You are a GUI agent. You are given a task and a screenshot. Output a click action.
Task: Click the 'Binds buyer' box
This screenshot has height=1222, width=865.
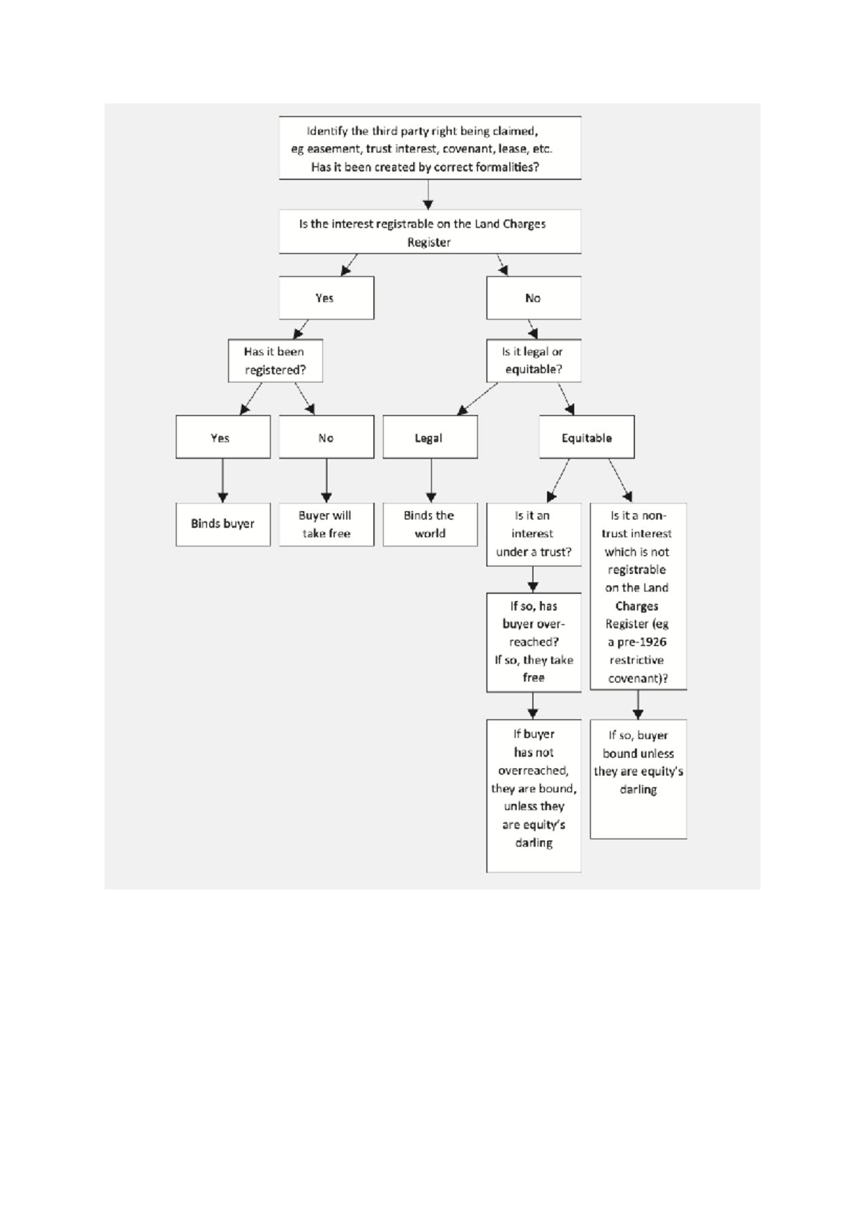click(223, 524)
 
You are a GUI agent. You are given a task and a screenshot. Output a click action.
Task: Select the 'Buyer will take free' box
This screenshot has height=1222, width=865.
click(326, 525)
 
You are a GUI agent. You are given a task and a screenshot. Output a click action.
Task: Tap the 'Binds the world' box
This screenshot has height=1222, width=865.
click(430, 525)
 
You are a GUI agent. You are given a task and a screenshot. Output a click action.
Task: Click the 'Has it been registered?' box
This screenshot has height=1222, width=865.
click(275, 361)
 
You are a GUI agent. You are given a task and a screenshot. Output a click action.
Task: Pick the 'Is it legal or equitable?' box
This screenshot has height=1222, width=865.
click(533, 361)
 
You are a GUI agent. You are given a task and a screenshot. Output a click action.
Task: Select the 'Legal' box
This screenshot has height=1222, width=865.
click(430, 437)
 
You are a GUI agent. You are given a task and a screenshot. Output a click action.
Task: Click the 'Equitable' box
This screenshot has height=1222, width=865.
click(586, 437)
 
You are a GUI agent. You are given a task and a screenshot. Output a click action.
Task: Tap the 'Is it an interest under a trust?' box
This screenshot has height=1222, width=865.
click(533, 534)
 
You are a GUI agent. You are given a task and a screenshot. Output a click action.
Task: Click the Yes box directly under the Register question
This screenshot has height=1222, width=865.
click(326, 298)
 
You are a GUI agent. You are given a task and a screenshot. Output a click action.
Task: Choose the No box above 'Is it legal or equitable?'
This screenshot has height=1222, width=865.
click(533, 298)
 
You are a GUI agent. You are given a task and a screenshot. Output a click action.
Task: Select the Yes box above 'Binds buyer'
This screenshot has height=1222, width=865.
click(223, 437)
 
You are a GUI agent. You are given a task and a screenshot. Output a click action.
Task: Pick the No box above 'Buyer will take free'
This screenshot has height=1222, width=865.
click(326, 437)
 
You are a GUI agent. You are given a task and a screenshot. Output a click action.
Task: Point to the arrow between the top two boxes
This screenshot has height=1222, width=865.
click(428, 195)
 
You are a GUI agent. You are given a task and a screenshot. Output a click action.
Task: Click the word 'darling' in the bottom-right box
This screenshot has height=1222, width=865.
click(638, 790)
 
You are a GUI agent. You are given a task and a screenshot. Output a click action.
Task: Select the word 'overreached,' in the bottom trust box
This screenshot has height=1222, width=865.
click(533, 770)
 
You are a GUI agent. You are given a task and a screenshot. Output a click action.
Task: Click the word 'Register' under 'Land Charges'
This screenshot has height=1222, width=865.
click(428, 242)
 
